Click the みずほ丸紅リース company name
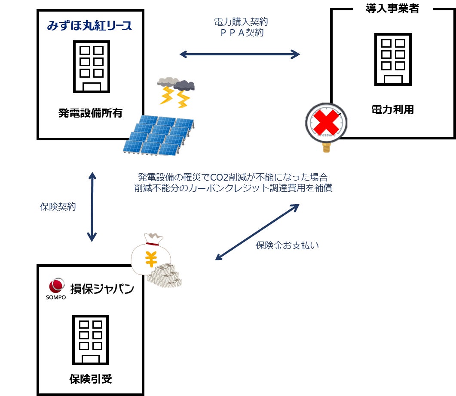(x=89, y=25)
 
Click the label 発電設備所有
(x=90, y=113)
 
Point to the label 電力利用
(x=392, y=109)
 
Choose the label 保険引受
(x=90, y=379)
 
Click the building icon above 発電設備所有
(x=92, y=66)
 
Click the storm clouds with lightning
(x=176, y=91)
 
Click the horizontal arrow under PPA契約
(x=239, y=54)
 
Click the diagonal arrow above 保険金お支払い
(x=257, y=232)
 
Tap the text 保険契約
(x=58, y=207)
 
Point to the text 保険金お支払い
(x=287, y=246)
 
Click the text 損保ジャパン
(x=102, y=288)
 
